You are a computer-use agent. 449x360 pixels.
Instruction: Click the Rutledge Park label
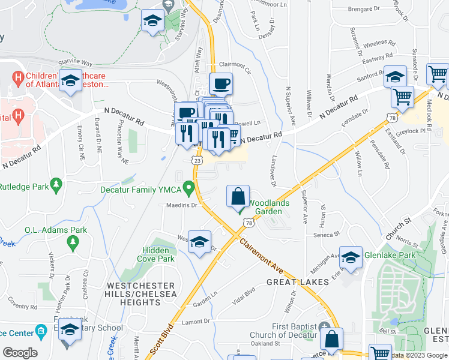tap(24, 187)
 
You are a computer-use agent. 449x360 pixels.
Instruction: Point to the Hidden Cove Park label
tap(158, 254)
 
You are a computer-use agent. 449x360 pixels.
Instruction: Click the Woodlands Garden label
tap(268, 207)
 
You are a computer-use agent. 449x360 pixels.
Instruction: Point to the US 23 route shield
tap(197, 160)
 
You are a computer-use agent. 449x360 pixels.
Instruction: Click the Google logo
tap(20, 352)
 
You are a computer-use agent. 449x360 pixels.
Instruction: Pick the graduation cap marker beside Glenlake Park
tap(351, 258)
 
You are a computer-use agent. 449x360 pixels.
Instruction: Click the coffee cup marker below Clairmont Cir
tap(221, 84)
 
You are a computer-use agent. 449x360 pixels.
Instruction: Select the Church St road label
tap(398, 229)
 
